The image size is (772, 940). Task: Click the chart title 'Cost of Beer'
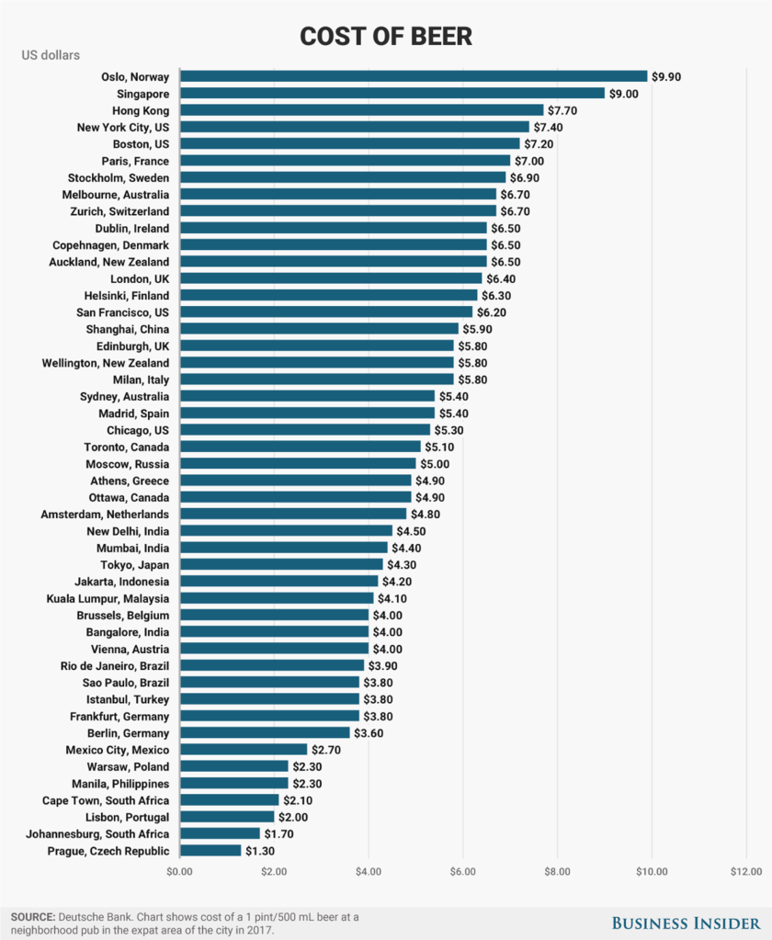click(x=386, y=36)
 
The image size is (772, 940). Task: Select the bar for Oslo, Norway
click(x=414, y=76)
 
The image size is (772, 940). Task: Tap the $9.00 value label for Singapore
click(x=624, y=94)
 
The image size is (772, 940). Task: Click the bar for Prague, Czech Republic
click(x=210, y=851)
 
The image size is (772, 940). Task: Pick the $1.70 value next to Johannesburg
click(x=279, y=834)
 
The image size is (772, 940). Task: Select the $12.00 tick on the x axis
click(x=745, y=871)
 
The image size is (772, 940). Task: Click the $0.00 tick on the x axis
click(x=180, y=871)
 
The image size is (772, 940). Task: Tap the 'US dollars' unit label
click(x=51, y=55)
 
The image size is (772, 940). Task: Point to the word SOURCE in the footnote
click(x=32, y=917)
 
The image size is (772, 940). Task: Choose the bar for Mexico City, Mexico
click(x=244, y=750)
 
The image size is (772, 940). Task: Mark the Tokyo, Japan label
click(x=135, y=564)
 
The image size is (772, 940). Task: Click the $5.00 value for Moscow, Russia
click(x=436, y=464)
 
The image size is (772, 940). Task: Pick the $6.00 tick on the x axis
click(x=462, y=871)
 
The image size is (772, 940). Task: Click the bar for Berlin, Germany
click(x=265, y=733)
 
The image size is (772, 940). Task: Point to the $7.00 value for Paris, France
click(x=529, y=161)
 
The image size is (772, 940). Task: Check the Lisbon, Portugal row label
click(x=128, y=817)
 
